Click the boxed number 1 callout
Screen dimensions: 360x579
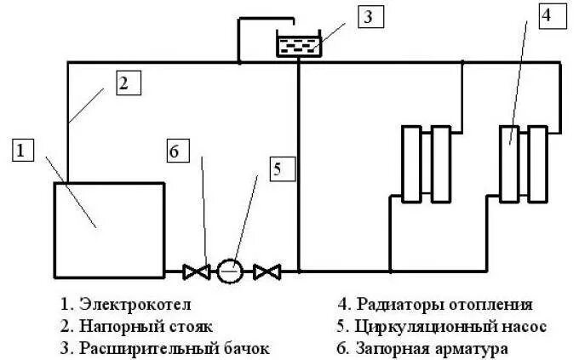tap(22, 151)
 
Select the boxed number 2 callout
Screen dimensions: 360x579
tap(124, 83)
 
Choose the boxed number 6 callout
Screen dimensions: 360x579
tap(174, 152)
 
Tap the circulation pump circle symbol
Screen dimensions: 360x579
tap(230, 271)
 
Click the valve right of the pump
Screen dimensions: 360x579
tap(267, 271)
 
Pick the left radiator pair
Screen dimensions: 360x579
tap(427, 163)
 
